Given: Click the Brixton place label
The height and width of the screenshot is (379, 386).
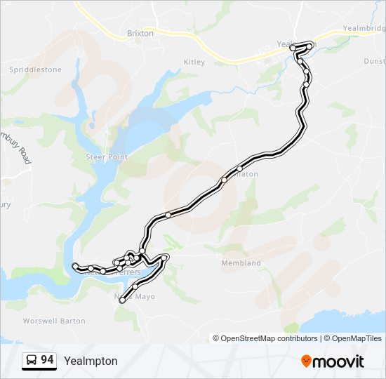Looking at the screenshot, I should point(140,33).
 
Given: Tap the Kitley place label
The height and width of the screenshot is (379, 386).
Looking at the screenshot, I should point(194,62).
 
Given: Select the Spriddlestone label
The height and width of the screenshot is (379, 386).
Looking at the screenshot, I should point(35,69).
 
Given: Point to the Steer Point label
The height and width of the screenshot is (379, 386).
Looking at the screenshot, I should point(107,157).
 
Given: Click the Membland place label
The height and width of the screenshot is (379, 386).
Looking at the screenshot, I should point(241,263).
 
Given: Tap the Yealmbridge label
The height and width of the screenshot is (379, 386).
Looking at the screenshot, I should point(364,29).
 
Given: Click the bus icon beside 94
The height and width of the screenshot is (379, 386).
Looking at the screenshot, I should point(32,361).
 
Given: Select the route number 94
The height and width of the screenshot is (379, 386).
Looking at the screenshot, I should point(47,360).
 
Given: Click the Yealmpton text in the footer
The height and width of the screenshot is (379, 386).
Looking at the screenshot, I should point(91,361).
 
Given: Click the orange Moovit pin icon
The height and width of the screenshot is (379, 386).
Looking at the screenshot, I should point(306,361).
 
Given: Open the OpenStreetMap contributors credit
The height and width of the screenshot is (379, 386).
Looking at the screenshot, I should point(269,338).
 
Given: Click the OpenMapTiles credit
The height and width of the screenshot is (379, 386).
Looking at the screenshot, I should point(353,338).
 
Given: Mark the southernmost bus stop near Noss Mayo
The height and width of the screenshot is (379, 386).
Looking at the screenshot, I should point(122,300).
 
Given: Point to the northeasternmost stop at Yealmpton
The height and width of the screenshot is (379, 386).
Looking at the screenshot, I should point(310,46).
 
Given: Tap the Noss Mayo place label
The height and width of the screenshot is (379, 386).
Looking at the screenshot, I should point(133,296).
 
